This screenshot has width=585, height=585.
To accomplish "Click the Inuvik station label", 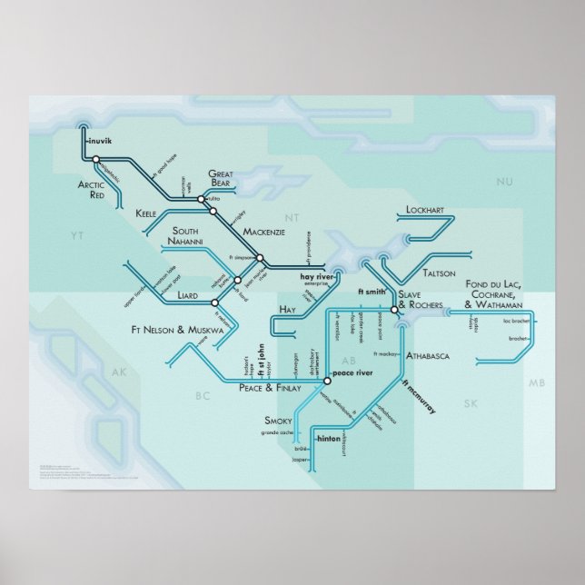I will point(95,142).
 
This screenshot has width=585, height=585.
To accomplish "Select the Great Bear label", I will point(223,178).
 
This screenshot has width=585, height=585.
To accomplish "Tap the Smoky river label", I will point(278,421).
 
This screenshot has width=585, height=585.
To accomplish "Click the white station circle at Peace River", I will point(327,381).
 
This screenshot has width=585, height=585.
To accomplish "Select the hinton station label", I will point(326,438).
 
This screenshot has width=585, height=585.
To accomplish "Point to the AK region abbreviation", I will point(116,373).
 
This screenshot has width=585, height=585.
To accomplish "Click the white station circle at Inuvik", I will point(95,160).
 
